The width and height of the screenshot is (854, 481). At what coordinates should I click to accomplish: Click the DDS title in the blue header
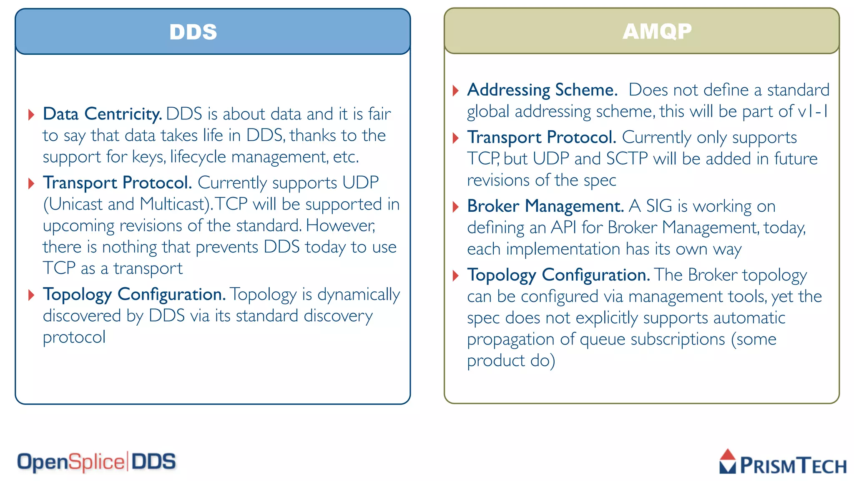193,32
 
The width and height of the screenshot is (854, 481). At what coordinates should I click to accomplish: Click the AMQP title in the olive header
657,31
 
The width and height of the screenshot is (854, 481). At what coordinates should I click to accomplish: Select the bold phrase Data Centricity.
102,114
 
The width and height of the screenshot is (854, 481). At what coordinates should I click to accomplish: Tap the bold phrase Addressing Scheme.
542,90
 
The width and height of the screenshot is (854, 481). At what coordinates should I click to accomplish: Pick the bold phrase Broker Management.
545,206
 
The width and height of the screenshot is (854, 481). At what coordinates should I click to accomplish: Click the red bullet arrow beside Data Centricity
31,114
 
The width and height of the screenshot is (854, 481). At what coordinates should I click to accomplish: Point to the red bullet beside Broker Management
456,207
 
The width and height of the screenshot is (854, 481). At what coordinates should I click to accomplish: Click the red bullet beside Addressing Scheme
456,91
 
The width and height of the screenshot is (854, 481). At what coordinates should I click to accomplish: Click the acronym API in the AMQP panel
563,228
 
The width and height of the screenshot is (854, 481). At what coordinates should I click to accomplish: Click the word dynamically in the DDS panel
359,295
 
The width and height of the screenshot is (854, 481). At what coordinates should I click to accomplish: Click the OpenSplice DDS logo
96,462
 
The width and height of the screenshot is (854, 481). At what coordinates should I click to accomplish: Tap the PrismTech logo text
793,466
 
